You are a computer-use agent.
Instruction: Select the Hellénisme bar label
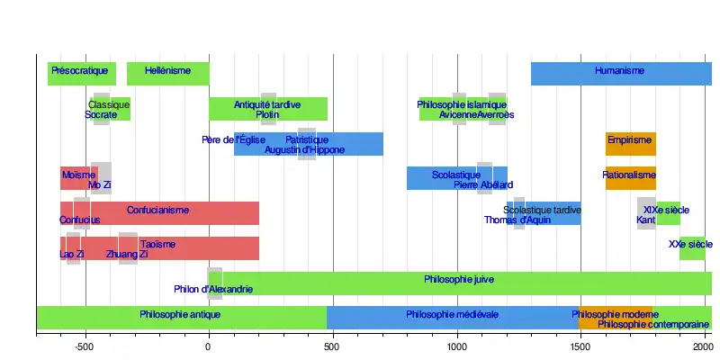166,69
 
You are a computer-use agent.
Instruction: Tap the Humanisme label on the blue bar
619,69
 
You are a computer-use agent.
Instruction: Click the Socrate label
101,115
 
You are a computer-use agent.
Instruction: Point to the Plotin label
267,115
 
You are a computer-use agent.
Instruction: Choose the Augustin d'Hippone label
304,150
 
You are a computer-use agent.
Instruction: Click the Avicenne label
458,115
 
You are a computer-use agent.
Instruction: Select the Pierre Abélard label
483,184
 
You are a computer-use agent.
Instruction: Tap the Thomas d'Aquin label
517,220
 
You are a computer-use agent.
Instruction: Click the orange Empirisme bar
630,144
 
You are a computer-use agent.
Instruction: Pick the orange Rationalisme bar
630,178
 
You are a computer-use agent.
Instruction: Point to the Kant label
645,220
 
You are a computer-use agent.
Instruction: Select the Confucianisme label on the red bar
157,210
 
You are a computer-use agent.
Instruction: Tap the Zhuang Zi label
127,255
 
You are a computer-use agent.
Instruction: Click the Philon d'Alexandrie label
213,290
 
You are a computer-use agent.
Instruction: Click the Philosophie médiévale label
452,315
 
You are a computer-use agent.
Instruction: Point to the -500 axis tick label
85,346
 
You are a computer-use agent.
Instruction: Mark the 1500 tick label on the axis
580,346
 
